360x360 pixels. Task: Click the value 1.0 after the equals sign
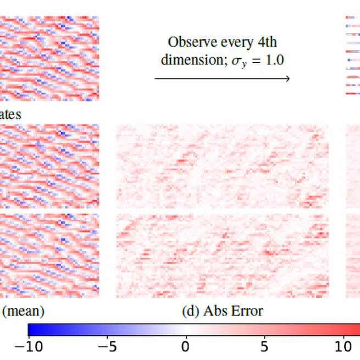pos(274,60)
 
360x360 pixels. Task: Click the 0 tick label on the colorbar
pos(185,346)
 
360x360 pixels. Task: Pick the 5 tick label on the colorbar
pos(264,346)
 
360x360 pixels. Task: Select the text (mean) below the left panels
pos(24,312)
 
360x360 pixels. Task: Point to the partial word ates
pos(11,114)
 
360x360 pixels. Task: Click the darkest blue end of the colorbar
pos(31,329)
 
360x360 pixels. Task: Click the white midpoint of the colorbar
pos(185,329)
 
